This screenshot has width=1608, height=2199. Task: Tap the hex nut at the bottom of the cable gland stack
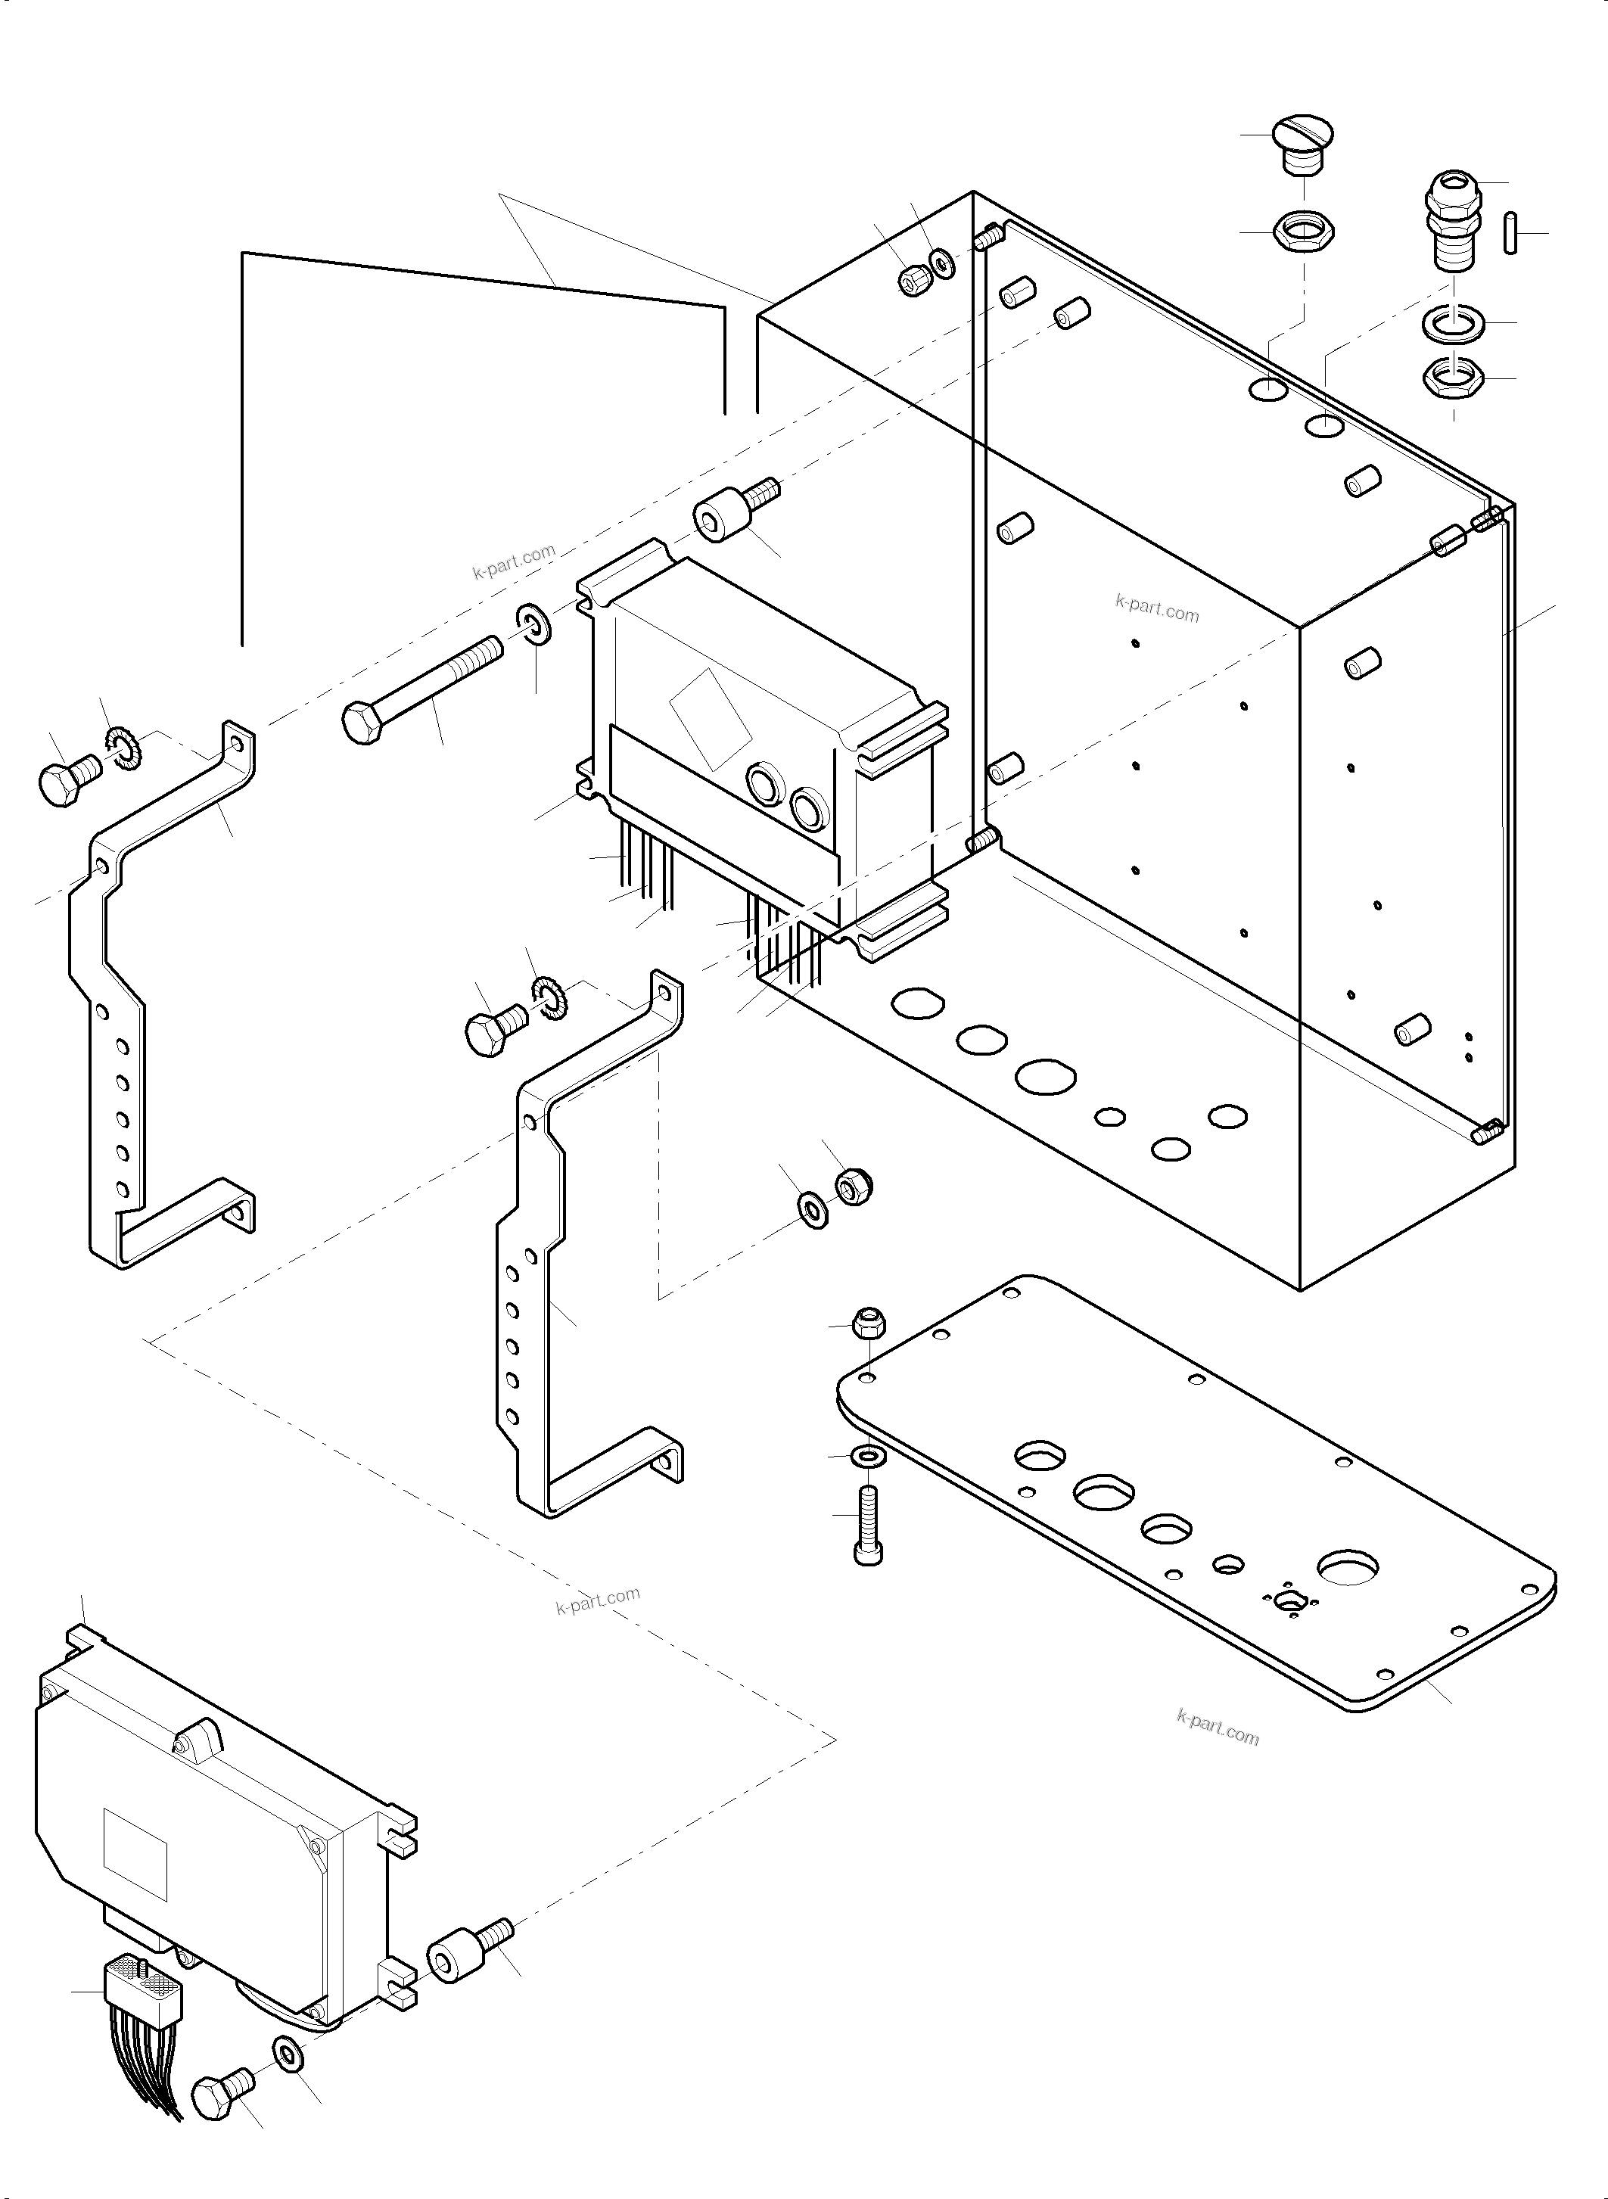tap(1453, 378)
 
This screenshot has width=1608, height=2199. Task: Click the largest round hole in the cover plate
tap(1348, 1569)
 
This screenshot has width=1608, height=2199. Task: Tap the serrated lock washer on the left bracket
tap(126, 748)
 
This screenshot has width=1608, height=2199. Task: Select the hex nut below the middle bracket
tap(854, 1186)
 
